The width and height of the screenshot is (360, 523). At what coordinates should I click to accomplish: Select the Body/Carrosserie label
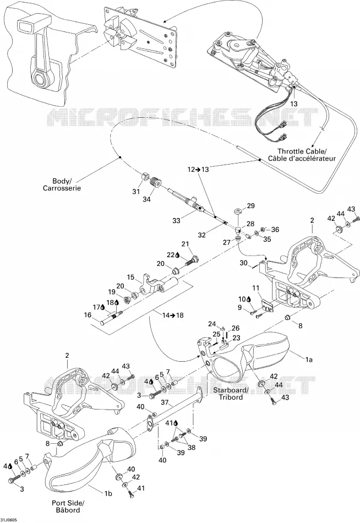(x=62, y=184)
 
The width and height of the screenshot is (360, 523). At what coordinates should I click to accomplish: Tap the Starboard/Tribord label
(x=231, y=394)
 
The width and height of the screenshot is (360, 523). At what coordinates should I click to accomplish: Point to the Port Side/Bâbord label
(x=68, y=506)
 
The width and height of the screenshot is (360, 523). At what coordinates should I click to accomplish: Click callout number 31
(x=136, y=192)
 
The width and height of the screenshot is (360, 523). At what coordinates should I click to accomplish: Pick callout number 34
(x=147, y=199)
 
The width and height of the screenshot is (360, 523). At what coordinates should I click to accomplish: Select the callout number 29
(x=250, y=205)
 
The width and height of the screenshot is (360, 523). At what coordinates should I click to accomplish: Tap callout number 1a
(x=309, y=359)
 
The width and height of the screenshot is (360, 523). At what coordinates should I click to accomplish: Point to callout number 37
(x=165, y=402)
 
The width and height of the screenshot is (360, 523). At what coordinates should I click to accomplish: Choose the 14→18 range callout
(x=173, y=315)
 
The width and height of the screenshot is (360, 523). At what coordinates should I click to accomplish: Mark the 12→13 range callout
(x=198, y=170)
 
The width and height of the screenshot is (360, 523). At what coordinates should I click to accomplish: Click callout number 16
(x=88, y=315)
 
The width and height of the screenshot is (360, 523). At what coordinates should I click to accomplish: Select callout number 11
(x=255, y=287)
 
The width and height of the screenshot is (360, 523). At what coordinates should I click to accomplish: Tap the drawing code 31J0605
(x=9, y=520)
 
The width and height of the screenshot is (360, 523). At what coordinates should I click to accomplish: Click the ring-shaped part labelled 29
(x=238, y=211)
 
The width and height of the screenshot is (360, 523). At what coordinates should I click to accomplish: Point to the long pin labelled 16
(x=111, y=317)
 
